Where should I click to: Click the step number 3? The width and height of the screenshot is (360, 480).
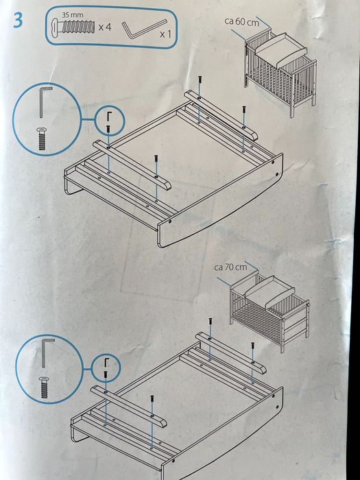point(18,21)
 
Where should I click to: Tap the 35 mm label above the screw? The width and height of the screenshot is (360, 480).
point(73,14)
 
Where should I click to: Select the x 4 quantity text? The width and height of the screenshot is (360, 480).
point(105,27)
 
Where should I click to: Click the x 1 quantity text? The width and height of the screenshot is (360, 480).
point(166,34)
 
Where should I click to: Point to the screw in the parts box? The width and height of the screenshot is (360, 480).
point(73,27)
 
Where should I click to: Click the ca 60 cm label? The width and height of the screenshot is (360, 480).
point(241,22)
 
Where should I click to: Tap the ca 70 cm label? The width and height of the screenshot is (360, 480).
point(230,267)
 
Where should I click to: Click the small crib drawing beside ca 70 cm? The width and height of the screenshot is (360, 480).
point(269,311)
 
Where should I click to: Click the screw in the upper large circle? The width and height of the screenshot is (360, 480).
point(42,139)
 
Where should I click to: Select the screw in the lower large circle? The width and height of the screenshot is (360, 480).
point(45,387)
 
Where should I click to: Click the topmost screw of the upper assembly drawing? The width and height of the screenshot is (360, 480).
point(200,79)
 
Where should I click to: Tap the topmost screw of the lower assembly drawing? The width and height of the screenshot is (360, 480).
point(211,322)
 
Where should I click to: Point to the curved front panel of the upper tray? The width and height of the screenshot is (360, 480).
point(220,202)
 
